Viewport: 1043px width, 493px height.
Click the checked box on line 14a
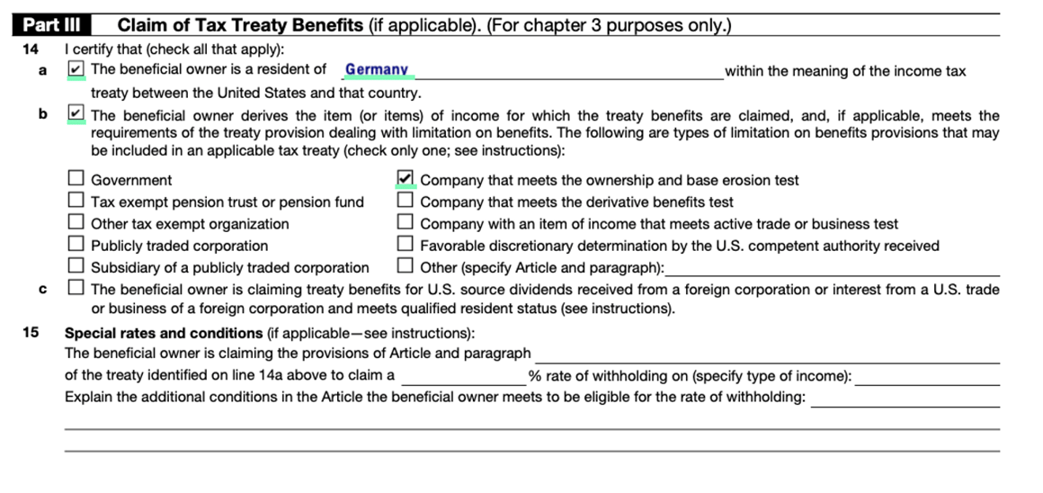pyautogui.click(x=76, y=69)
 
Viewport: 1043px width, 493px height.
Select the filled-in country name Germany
pyautogui.click(x=377, y=69)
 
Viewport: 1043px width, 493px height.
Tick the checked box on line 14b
pyautogui.click(x=76, y=114)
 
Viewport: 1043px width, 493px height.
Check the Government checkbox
pyautogui.click(x=76, y=180)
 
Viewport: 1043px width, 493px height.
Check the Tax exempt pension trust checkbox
pyautogui.click(x=76, y=202)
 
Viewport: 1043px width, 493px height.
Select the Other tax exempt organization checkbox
pyautogui.click(x=76, y=223)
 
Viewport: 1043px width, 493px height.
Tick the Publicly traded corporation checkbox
pyautogui.click(x=76, y=245)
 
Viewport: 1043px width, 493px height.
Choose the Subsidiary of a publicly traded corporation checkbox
pyautogui.click(x=76, y=266)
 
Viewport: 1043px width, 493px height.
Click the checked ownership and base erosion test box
pyautogui.click(x=406, y=179)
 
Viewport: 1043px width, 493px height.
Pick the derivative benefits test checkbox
pyautogui.click(x=406, y=202)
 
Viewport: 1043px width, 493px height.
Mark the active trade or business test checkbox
pyautogui.click(x=406, y=223)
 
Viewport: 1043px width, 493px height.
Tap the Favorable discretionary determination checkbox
pyautogui.click(x=406, y=245)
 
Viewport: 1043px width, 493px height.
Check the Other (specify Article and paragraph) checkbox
pyautogui.click(x=406, y=266)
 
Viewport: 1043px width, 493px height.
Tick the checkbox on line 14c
pyautogui.click(x=76, y=289)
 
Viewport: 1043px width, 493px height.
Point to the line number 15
pyautogui.click(x=31, y=333)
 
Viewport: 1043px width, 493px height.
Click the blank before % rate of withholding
pyautogui.click(x=464, y=377)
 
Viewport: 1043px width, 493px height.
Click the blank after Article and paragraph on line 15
pyautogui.click(x=767, y=354)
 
